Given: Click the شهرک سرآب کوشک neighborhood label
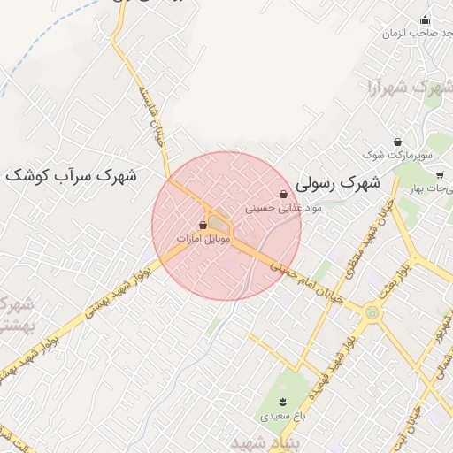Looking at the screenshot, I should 71,175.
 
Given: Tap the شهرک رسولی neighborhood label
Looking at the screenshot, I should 338,184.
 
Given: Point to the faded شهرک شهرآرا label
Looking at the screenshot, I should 403,88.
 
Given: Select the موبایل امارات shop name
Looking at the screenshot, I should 203,240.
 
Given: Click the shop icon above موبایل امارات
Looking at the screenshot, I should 203,226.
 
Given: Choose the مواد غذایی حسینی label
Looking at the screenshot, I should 283,210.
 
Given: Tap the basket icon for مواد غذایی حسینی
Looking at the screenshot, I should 283,194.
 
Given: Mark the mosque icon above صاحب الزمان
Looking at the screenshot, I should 426,20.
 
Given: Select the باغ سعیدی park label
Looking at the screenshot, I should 282,415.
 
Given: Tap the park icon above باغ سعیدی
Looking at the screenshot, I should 282,402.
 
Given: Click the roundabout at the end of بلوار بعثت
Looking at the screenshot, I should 372,312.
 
